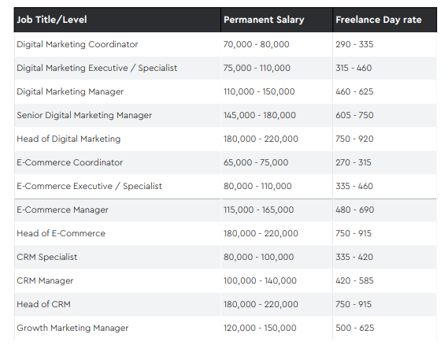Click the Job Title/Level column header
coord(52,20)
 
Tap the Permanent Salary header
coord(264,20)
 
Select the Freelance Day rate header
coord(379,20)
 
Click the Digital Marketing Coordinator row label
coord(77,44)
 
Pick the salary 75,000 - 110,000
coord(257,68)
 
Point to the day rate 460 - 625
coord(354,91)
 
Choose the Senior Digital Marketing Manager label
coord(84,115)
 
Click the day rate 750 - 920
coord(354,139)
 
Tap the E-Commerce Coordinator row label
coord(70,162)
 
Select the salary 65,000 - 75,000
coord(256,162)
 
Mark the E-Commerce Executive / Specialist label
coord(89,186)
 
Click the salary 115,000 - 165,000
coord(258,210)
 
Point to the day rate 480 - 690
coord(354,210)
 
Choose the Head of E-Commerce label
coord(61,233)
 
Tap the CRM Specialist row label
coord(47,257)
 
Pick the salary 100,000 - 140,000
coord(260,280)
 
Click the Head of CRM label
coord(43,304)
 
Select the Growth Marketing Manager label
coord(72,328)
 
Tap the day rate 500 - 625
coord(354,328)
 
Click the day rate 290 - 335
coord(354,44)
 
